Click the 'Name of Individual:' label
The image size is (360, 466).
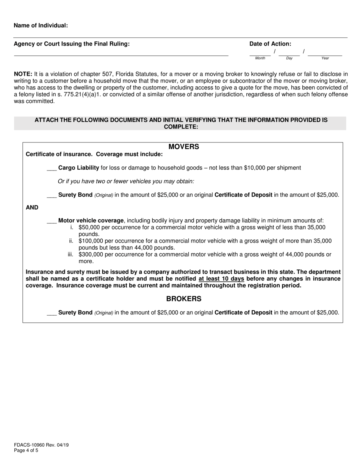[x=41, y=25]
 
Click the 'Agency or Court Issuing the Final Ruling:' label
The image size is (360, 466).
[x=72, y=44]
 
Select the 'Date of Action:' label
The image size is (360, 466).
[x=270, y=44]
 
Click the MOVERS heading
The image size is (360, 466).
[x=184, y=147]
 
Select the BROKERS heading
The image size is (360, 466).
[x=184, y=299]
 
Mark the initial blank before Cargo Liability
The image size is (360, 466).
[x=52, y=168]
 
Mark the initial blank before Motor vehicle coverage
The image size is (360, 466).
[x=52, y=221]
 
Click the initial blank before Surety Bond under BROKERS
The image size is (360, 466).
[x=52, y=313]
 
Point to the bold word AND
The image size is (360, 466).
[x=32, y=208]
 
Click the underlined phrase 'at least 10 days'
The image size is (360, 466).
[x=221, y=279]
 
